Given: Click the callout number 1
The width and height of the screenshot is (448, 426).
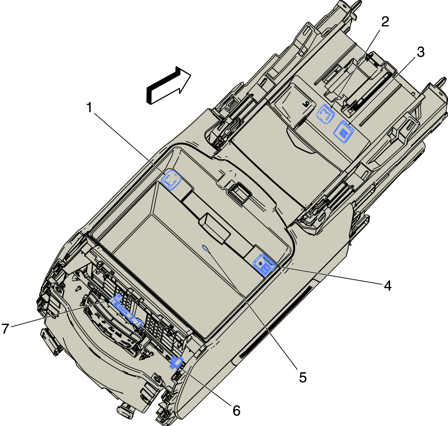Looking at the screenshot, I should pyautogui.click(x=89, y=108).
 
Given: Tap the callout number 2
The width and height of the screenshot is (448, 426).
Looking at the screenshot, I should pyautogui.click(x=385, y=22).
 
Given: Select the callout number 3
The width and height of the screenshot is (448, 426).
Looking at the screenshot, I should pyautogui.click(x=420, y=52).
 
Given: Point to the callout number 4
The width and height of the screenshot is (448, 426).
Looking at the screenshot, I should pyautogui.click(x=388, y=286).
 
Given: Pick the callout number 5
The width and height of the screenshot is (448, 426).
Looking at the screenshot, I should pyautogui.click(x=302, y=377).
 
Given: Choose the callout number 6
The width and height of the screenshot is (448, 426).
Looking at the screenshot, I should pyautogui.click(x=236, y=411).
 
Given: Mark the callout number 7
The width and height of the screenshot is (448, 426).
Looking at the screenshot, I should pyautogui.click(x=5, y=329).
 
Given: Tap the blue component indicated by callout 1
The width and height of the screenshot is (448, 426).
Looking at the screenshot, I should pyautogui.click(x=171, y=180).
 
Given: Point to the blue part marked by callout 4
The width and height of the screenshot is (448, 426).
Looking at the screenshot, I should pyautogui.click(x=264, y=264).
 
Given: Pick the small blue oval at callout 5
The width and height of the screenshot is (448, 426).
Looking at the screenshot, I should pyautogui.click(x=205, y=248).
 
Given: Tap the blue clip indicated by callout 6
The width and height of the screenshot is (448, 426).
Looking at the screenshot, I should pyautogui.click(x=176, y=363).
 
